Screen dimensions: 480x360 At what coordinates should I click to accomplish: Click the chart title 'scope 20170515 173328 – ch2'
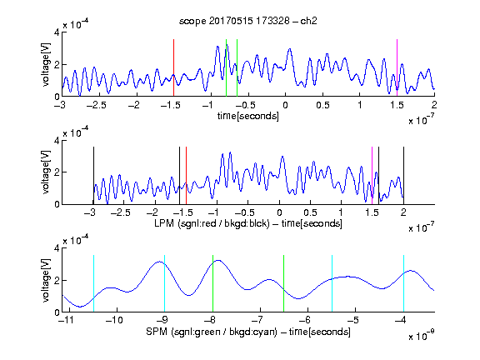point(248,21)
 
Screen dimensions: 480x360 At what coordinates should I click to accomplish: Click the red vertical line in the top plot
point(173,67)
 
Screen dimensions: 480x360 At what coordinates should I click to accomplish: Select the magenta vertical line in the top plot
point(397,67)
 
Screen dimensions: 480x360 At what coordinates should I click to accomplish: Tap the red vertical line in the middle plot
point(186,175)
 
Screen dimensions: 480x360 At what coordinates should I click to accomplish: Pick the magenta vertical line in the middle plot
point(372,175)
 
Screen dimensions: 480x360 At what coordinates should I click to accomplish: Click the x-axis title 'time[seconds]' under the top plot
point(248,116)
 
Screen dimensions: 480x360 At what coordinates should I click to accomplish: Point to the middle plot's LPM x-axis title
point(248,223)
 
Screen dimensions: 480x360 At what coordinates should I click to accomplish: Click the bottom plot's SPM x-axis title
point(248,332)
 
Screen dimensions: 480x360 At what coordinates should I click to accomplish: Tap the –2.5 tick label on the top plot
point(96,105)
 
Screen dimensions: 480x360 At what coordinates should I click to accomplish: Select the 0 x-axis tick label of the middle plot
point(279,212)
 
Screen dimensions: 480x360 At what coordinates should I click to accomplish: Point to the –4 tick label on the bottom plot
point(401,320)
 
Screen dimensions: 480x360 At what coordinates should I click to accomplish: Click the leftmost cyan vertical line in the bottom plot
point(93,283)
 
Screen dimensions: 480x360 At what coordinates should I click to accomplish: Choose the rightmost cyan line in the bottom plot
point(403,283)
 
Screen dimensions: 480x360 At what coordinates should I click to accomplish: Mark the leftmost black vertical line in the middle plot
point(93,175)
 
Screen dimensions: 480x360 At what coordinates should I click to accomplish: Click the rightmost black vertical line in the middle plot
point(403,175)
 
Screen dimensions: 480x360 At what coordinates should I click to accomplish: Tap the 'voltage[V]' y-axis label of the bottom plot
point(46,280)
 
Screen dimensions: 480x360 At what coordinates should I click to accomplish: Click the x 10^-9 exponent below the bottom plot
point(422,336)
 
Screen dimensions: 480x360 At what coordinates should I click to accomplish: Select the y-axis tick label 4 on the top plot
point(57,32)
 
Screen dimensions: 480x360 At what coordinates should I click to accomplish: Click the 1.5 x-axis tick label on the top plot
point(397,105)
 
